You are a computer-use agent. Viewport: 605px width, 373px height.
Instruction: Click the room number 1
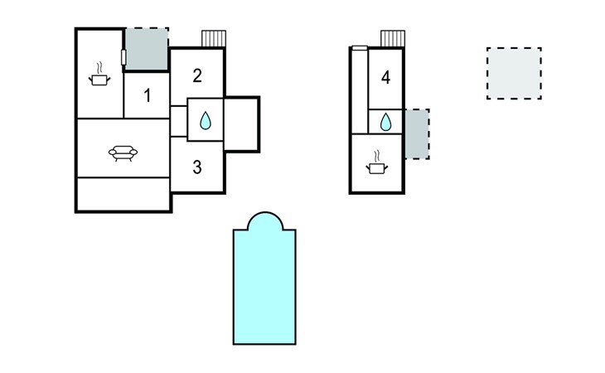[x=148, y=95]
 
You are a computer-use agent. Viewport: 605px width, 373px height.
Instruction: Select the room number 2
[x=197, y=75]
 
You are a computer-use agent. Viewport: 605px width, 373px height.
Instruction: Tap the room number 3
[x=197, y=167]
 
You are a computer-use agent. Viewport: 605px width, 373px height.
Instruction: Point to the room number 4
[x=385, y=78]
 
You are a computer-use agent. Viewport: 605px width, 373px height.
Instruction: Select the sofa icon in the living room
[x=123, y=153]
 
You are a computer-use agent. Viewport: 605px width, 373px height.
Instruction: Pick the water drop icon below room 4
[x=385, y=123]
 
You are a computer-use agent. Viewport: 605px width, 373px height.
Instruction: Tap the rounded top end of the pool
[x=265, y=220]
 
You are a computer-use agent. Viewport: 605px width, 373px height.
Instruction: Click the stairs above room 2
[x=214, y=40]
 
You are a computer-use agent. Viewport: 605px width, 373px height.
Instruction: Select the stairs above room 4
[x=392, y=39]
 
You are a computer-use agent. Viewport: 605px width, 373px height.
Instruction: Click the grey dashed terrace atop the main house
[x=147, y=49]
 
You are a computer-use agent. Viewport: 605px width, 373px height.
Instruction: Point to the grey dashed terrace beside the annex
[x=417, y=133]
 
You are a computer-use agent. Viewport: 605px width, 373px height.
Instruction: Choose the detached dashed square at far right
[x=514, y=74]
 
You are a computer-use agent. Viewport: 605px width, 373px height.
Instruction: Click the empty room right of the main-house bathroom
[x=242, y=123]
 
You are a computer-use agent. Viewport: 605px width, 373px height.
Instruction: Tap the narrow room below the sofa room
[x=123, y=194]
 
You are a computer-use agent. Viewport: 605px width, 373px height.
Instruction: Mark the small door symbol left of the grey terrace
[x=123, y=57]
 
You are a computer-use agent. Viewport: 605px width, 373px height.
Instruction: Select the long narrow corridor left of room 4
[x=359, y=91]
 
